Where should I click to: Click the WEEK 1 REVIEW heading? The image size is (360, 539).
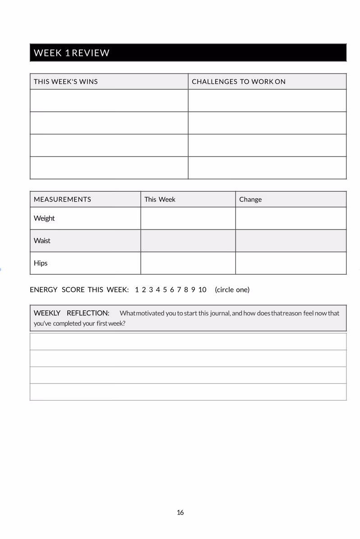click(x=72, y=53)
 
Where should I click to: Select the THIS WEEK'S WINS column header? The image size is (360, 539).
click(x=66, y=82)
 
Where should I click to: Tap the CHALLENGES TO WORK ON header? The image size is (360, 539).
click(x=239, y=82)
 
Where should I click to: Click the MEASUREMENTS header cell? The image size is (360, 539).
click(x=62, y=199)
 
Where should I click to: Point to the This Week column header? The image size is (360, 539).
click(x=160, y=199)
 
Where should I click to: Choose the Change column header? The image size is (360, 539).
click(x=250, y=199)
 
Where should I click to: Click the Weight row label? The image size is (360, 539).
click(x=44, y=218)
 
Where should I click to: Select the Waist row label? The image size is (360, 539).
click(x=42, y=241)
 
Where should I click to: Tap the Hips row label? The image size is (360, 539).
click(x=41, y=263)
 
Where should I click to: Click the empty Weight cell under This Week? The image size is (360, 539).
click(x=188, y=218)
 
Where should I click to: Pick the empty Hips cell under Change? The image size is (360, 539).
click(x=291, y=263)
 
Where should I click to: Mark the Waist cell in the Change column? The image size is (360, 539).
click(x=291, y=241)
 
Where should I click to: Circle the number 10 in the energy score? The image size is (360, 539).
click(x=202, y=290)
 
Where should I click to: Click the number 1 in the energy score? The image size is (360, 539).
click(x=137, y=290)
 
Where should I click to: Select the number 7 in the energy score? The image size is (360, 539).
click(x=179, y=290)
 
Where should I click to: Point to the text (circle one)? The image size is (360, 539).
click(x=232, y=290)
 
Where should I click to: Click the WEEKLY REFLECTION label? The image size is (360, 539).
click(x=71, y=313)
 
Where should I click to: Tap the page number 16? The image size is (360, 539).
click(x=180, y=512)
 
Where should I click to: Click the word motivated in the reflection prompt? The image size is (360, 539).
click(x=150, y=313)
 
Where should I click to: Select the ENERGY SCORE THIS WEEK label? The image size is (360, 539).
click(x=79, y=290)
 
